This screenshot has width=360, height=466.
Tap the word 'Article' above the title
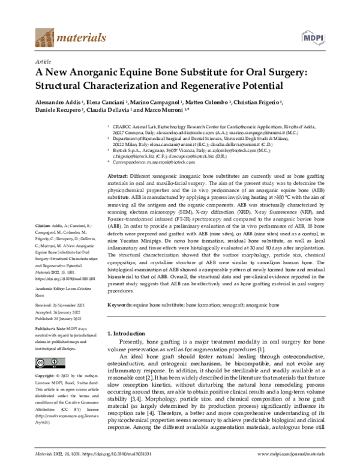pos(44,61)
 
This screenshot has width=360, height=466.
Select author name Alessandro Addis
pos(59,103)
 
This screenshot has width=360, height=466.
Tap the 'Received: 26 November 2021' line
pos(65,306)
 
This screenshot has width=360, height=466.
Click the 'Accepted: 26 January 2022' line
pos(63,313)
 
